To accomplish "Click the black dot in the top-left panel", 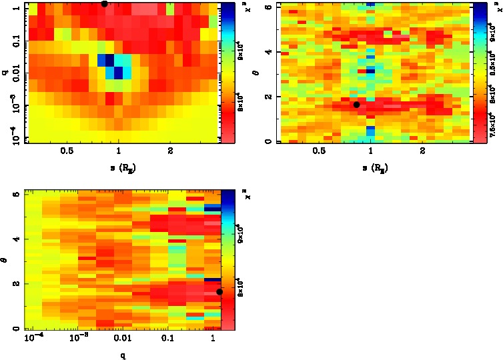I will click(x=104, y=3).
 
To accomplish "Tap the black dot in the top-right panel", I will click(x=356, y=105).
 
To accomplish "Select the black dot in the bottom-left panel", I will click(x=219, y=292).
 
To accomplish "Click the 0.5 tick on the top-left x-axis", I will click(x=67, y=151).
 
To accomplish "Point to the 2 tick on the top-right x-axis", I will click(x=423, y=151).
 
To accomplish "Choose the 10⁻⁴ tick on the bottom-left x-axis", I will click(x=32, y=340).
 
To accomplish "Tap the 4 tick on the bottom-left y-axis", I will click(x=15, y=239).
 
